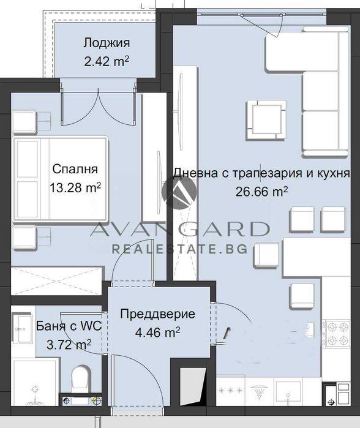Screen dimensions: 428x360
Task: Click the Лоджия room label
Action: click(107, 43)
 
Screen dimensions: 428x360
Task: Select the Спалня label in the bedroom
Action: click(75, 169)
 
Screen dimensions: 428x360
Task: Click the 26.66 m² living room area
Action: click(262, 191)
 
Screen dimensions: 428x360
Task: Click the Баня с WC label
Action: click(59, 326)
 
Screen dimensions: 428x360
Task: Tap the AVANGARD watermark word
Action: click(179, 230)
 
